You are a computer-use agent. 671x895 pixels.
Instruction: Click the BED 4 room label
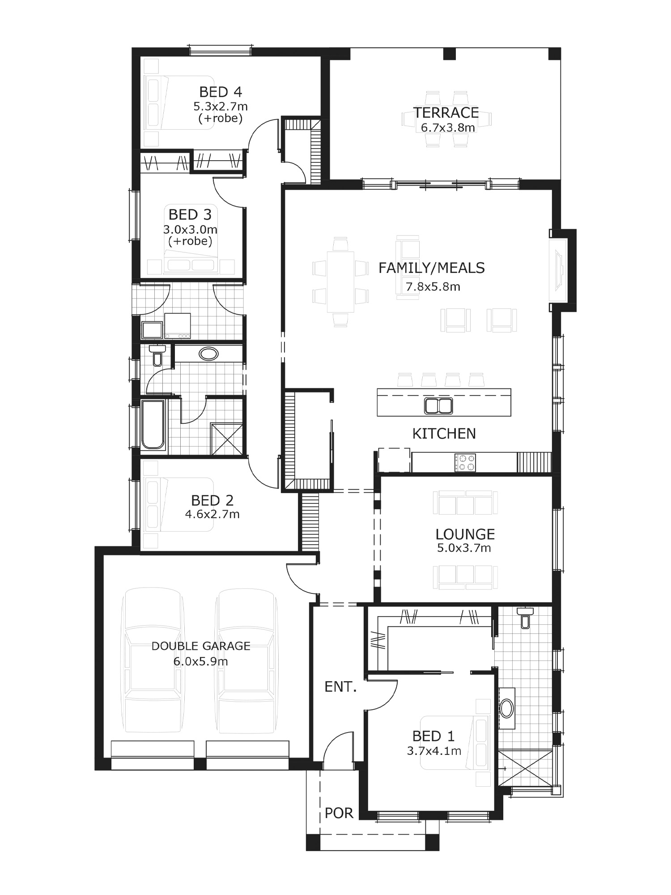221,92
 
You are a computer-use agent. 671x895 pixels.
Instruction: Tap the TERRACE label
446,113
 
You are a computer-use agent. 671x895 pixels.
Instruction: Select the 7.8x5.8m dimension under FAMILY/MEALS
433,287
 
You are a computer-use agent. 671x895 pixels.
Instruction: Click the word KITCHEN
444,434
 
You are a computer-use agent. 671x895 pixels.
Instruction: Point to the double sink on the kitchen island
438,405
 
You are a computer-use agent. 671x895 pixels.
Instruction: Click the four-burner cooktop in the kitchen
465,463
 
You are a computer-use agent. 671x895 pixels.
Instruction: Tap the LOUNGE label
465,534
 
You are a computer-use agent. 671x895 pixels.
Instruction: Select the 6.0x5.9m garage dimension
201,661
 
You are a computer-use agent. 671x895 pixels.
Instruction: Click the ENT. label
340,687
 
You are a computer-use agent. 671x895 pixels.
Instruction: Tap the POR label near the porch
339,813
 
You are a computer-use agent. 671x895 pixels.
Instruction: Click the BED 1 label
433,736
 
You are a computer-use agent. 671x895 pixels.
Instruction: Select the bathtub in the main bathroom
153,424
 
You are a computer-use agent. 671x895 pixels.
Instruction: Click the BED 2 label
212,500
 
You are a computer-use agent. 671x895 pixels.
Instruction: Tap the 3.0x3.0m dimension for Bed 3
190,230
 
